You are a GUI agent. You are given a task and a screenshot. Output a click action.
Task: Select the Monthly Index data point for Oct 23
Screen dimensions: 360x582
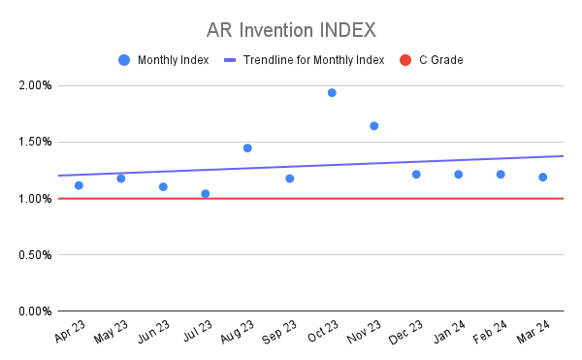[x=332, y=93]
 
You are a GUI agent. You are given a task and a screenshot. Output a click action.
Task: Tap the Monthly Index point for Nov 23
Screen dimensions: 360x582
[x=374, y=126]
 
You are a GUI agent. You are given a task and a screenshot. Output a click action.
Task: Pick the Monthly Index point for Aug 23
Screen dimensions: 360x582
[x=247, y=148]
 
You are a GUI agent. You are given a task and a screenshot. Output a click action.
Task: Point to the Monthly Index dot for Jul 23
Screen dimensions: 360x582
[x=206, y=194]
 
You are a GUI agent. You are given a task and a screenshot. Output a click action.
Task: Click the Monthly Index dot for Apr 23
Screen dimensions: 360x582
[x=79, y=185]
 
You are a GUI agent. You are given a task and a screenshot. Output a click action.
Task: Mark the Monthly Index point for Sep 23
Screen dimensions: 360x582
[x=290, y=179]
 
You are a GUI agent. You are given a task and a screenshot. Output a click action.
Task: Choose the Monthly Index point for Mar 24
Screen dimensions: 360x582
[x=543, y=178]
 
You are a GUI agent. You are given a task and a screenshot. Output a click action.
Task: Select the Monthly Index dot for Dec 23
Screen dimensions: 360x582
[x=416, y=175]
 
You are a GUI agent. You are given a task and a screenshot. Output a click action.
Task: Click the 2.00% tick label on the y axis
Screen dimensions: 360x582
[x=35, y=86]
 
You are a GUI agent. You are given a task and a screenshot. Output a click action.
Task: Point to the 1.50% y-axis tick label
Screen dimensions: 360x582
[x=35, y=143]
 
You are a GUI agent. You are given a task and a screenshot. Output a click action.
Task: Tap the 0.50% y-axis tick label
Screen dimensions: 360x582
[x=35, y=255]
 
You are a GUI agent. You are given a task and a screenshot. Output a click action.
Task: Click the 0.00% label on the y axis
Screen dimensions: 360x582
[x=35, y=311]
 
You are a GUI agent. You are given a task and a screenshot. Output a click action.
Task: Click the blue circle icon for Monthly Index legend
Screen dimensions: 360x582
[x=123, y=60]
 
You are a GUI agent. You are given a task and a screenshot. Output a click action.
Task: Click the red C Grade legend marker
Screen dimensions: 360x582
[x=404, y=60]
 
